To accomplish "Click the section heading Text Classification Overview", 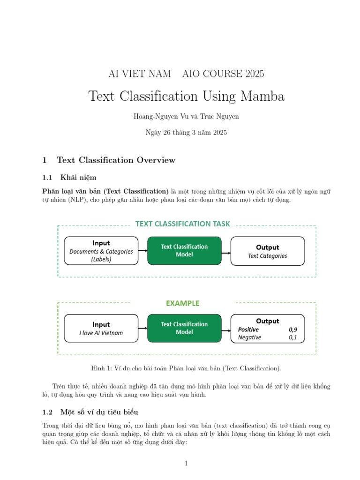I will (116, 160).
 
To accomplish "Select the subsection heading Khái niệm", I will (78, 178).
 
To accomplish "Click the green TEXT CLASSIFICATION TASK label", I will (182, 224).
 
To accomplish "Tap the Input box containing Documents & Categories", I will (101, 251).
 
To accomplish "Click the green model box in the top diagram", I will (184, 251).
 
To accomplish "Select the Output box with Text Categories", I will (267, 251).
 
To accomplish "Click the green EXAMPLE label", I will (182, 303).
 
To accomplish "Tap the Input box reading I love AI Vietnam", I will (101, 328).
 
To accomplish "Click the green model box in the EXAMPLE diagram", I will (184, 328).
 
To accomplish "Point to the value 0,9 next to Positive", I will (293, 330).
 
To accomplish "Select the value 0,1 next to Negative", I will (293, 337).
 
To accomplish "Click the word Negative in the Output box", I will (249, 337).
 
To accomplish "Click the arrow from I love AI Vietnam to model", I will (143, 328).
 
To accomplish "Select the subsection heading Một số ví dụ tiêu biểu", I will (99, 412).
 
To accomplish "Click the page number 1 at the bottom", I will (186, 464).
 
